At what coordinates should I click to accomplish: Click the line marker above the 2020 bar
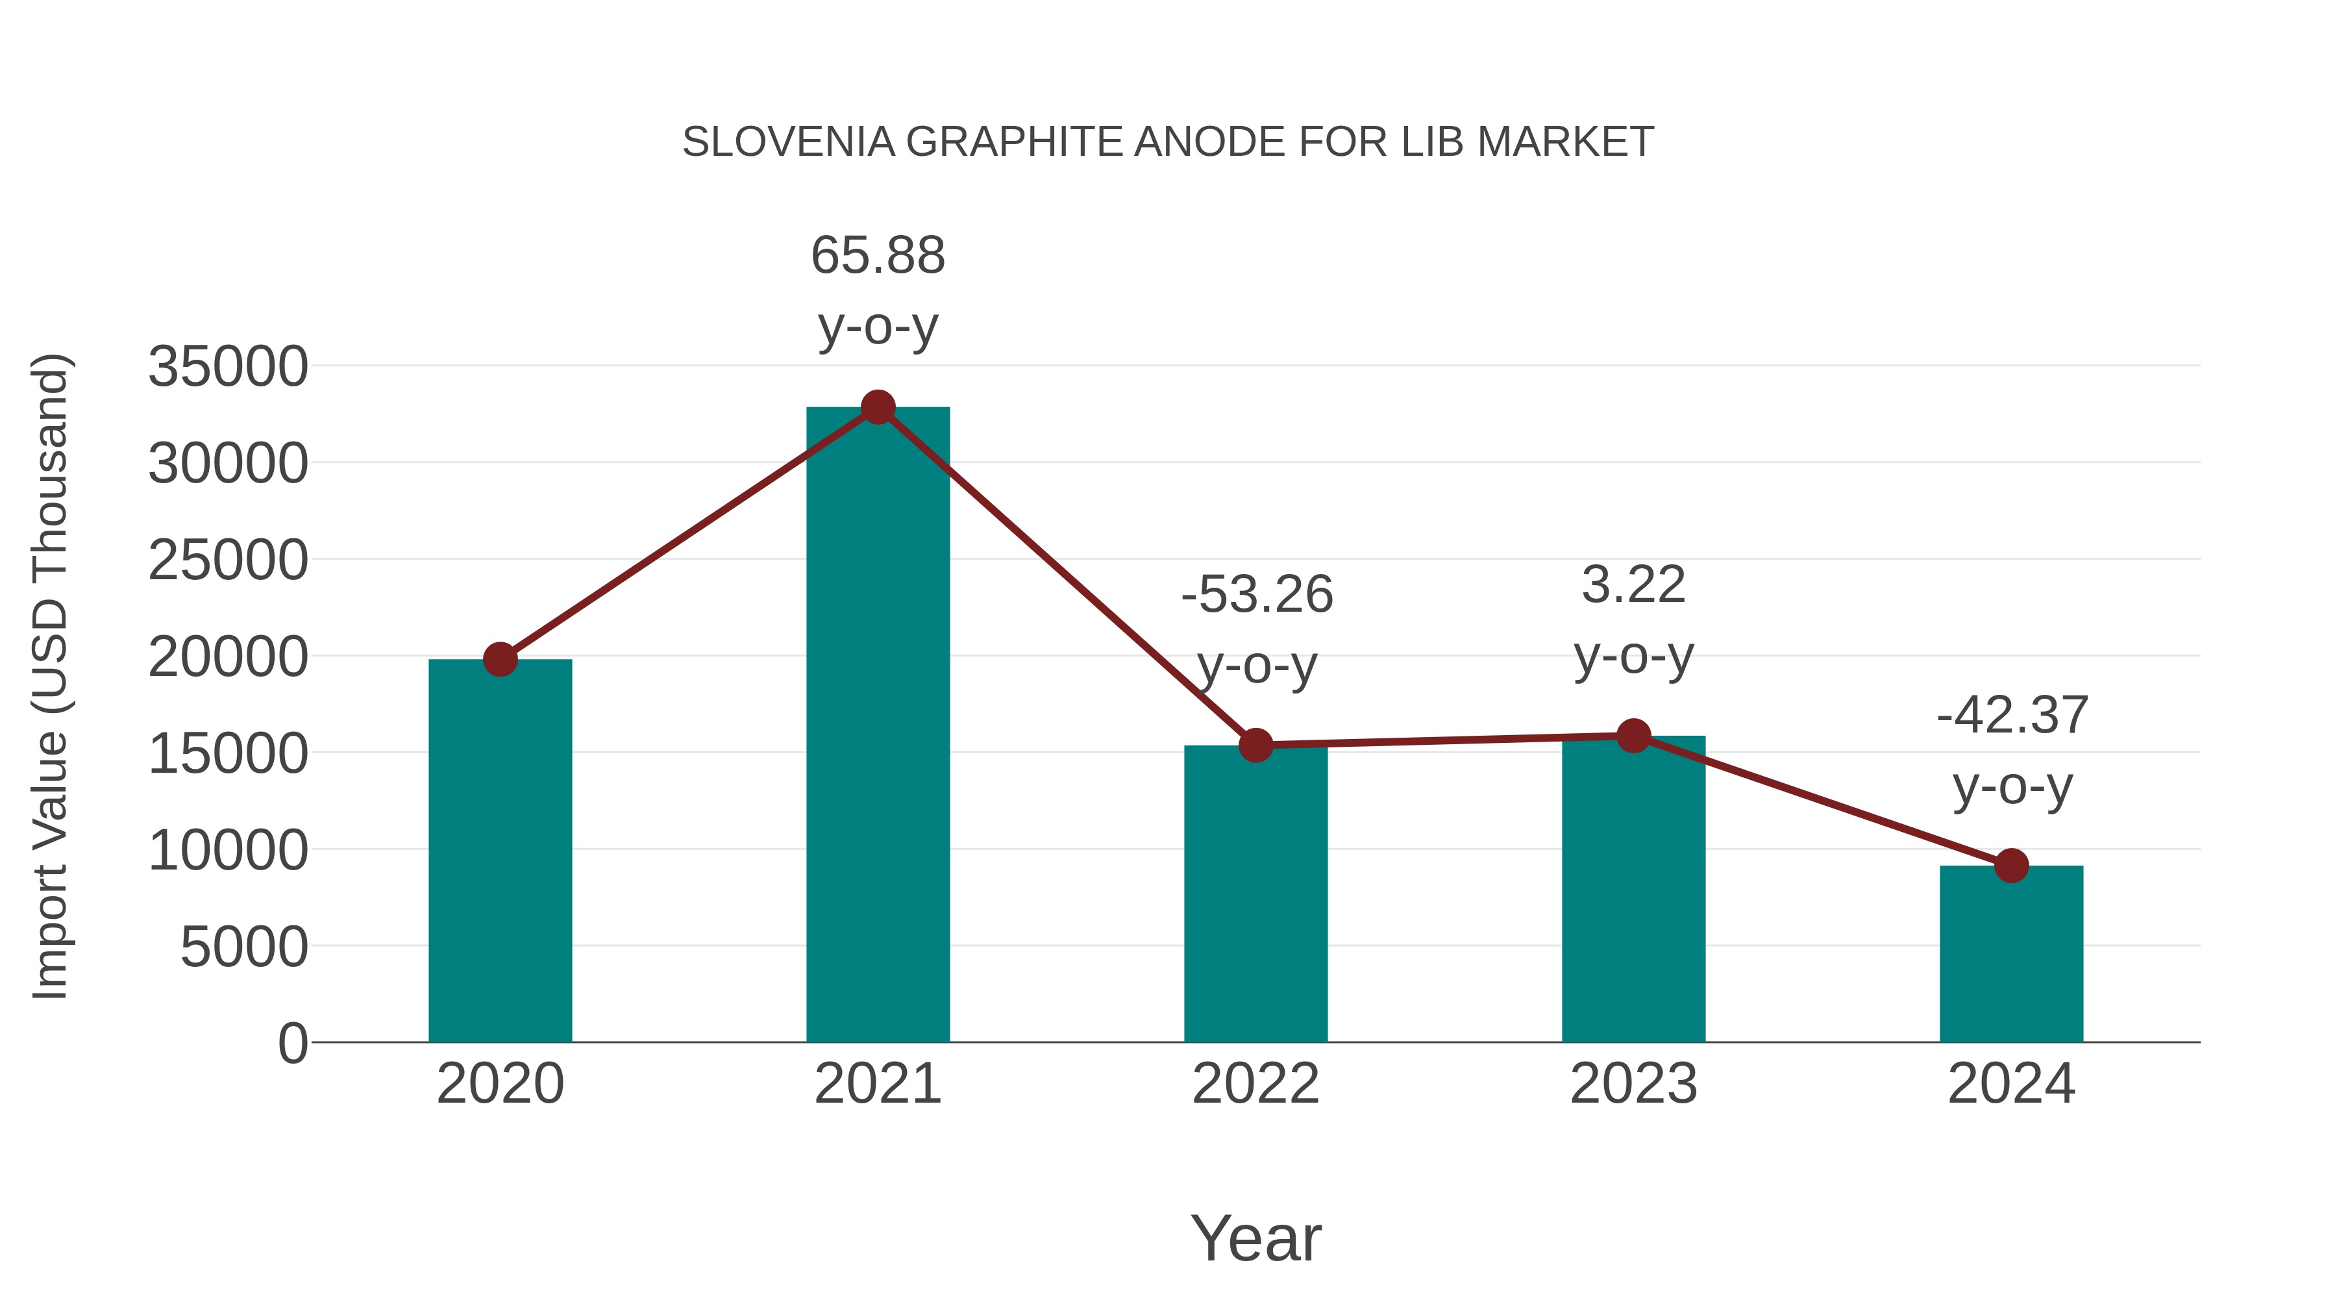click(500, 660)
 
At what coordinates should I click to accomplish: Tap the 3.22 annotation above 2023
click(1633, 584)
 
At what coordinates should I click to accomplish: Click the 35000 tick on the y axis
click(228, 367)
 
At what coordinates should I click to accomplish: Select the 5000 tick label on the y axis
click(244, 947)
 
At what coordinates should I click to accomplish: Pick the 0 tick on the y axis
click(292, 1044)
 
